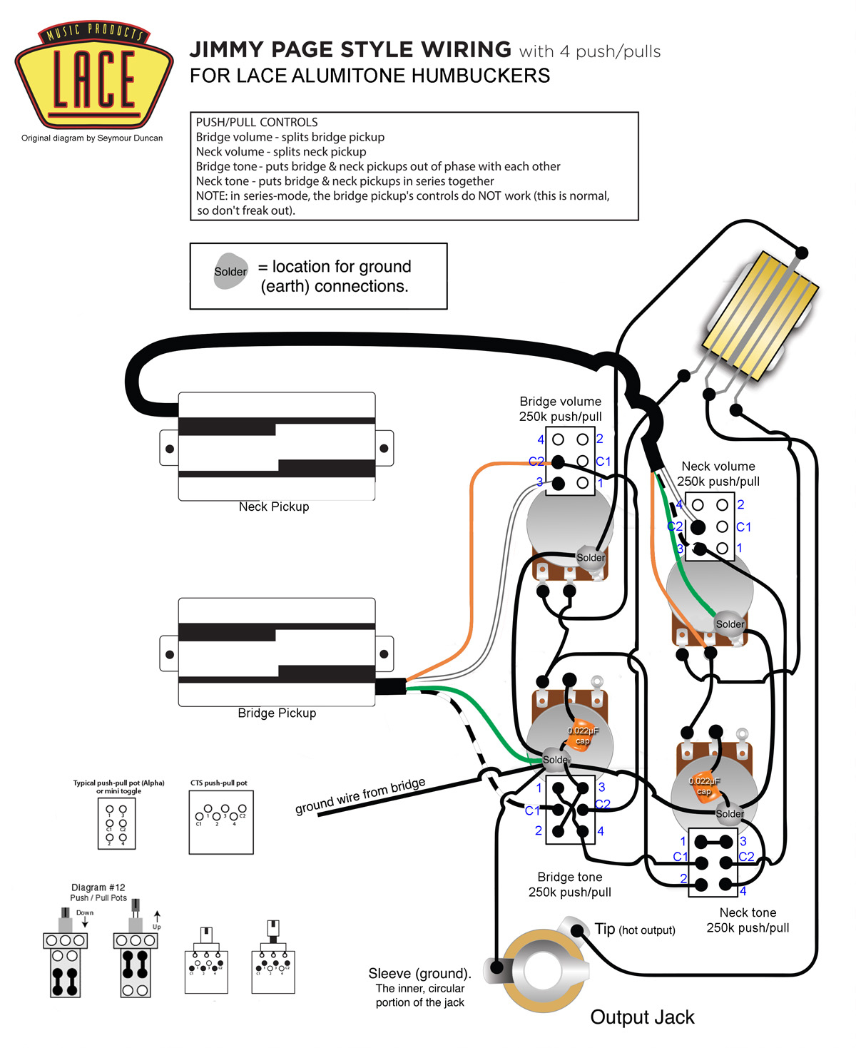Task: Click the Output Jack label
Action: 642,1017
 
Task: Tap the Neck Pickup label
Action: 274,507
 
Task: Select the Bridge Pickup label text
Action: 277,713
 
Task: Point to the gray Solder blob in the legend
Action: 230,271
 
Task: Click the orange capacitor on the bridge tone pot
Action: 582,735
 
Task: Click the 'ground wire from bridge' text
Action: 360,795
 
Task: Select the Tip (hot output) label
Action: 634,929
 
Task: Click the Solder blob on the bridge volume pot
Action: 591,557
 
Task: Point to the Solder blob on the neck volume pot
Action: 730,624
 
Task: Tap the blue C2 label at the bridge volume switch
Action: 536,462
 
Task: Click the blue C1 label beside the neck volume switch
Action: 743,526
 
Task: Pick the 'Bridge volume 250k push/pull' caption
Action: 560,409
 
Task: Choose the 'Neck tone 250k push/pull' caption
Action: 748,920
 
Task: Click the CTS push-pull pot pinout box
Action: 221,822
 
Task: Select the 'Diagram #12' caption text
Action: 98,887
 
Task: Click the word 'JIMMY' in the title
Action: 227,50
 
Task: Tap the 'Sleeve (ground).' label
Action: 419,974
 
